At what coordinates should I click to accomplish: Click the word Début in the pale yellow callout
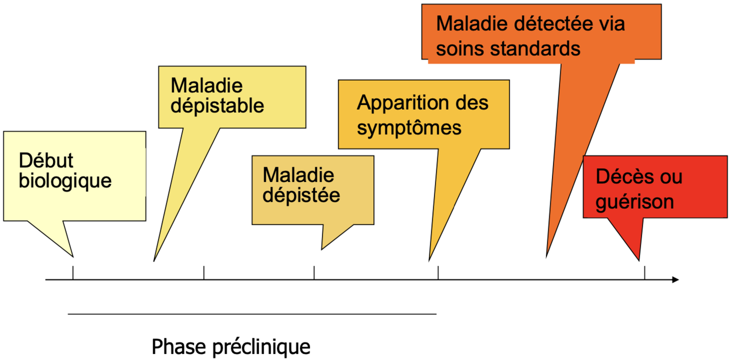(46, 161)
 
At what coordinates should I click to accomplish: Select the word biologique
(65, 181)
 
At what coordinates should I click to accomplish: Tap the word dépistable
(217, 105)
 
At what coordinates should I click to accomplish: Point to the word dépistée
(301, 195)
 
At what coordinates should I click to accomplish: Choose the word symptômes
(409, 128)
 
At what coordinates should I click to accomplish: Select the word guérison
(634, 202)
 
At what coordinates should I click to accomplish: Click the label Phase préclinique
(231, 346)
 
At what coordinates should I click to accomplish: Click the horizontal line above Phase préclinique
(252, 314)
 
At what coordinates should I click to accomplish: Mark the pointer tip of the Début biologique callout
(73, 255)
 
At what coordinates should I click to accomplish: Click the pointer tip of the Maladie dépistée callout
(322, 249)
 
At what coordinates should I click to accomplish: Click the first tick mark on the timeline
(73, 273)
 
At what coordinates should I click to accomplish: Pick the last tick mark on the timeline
(645, 273)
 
